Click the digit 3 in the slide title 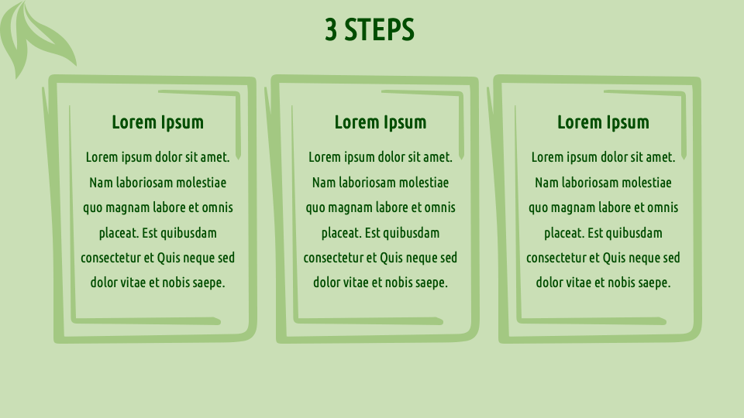tap(332, 30)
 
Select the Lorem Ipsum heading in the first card tap(157, 122)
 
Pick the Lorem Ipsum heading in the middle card tap(381, 122)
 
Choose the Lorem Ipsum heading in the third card tap(603, 122)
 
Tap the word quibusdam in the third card tap(634, 233)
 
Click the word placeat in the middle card tap(340, 233)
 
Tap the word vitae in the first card tap(135, 283)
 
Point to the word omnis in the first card tap(217, 207)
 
